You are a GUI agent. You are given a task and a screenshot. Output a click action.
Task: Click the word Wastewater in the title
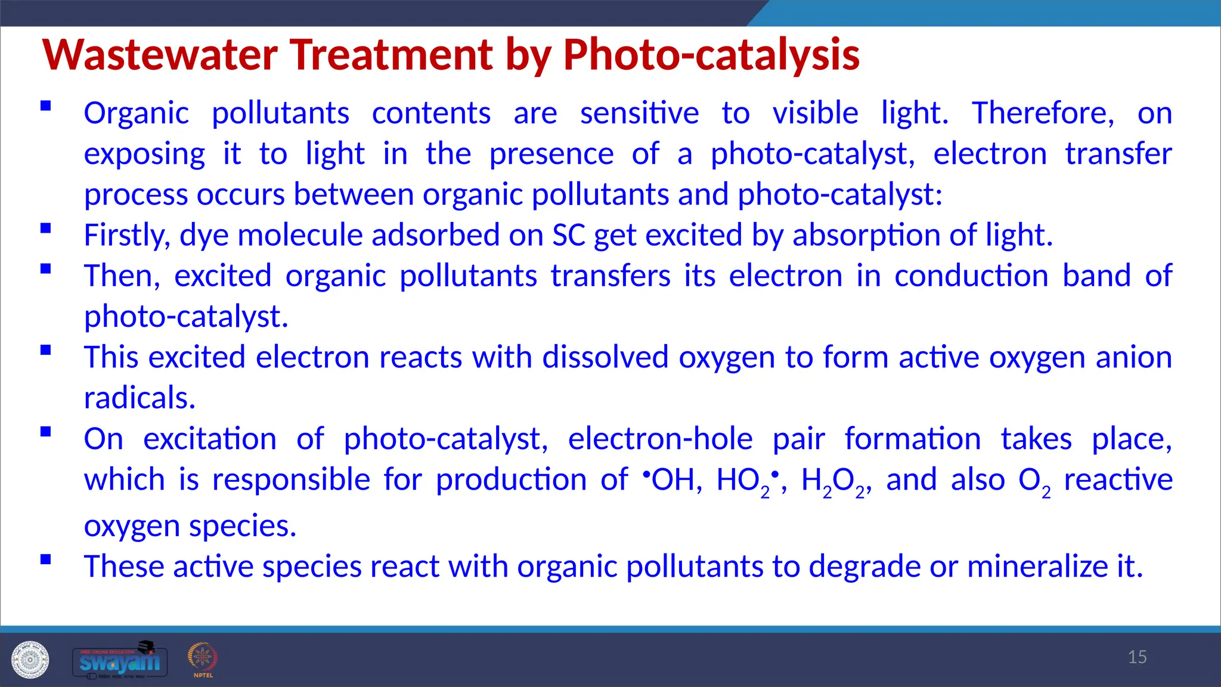[x=160, y=55]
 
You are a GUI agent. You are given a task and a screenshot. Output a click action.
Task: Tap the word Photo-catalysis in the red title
[x=711, y=55]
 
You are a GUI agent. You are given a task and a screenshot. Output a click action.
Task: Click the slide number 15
[x=1137, y=657]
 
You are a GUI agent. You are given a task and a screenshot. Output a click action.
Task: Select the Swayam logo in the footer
[x=120, y=660]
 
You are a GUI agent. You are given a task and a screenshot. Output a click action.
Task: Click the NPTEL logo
[x=203, y=659]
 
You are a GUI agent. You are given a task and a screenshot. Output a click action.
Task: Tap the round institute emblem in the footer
[x=30, y=660]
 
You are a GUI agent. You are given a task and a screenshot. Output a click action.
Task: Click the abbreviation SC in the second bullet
[x=569, y=235]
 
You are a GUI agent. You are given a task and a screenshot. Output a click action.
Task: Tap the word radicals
[x=140, y=398]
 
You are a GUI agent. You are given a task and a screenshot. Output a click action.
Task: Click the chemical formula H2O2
[x=835, y=481]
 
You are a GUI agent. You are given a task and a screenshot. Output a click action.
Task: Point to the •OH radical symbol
[x=668, y=479]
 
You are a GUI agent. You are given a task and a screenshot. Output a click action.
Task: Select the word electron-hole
[x=660, y=440]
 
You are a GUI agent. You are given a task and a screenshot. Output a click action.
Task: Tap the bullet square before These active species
[x=46, y=559]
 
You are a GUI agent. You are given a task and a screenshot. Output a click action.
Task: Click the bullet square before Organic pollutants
[x=46, y=106]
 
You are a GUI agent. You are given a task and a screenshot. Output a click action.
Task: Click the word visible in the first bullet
[x=815, y=113]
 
